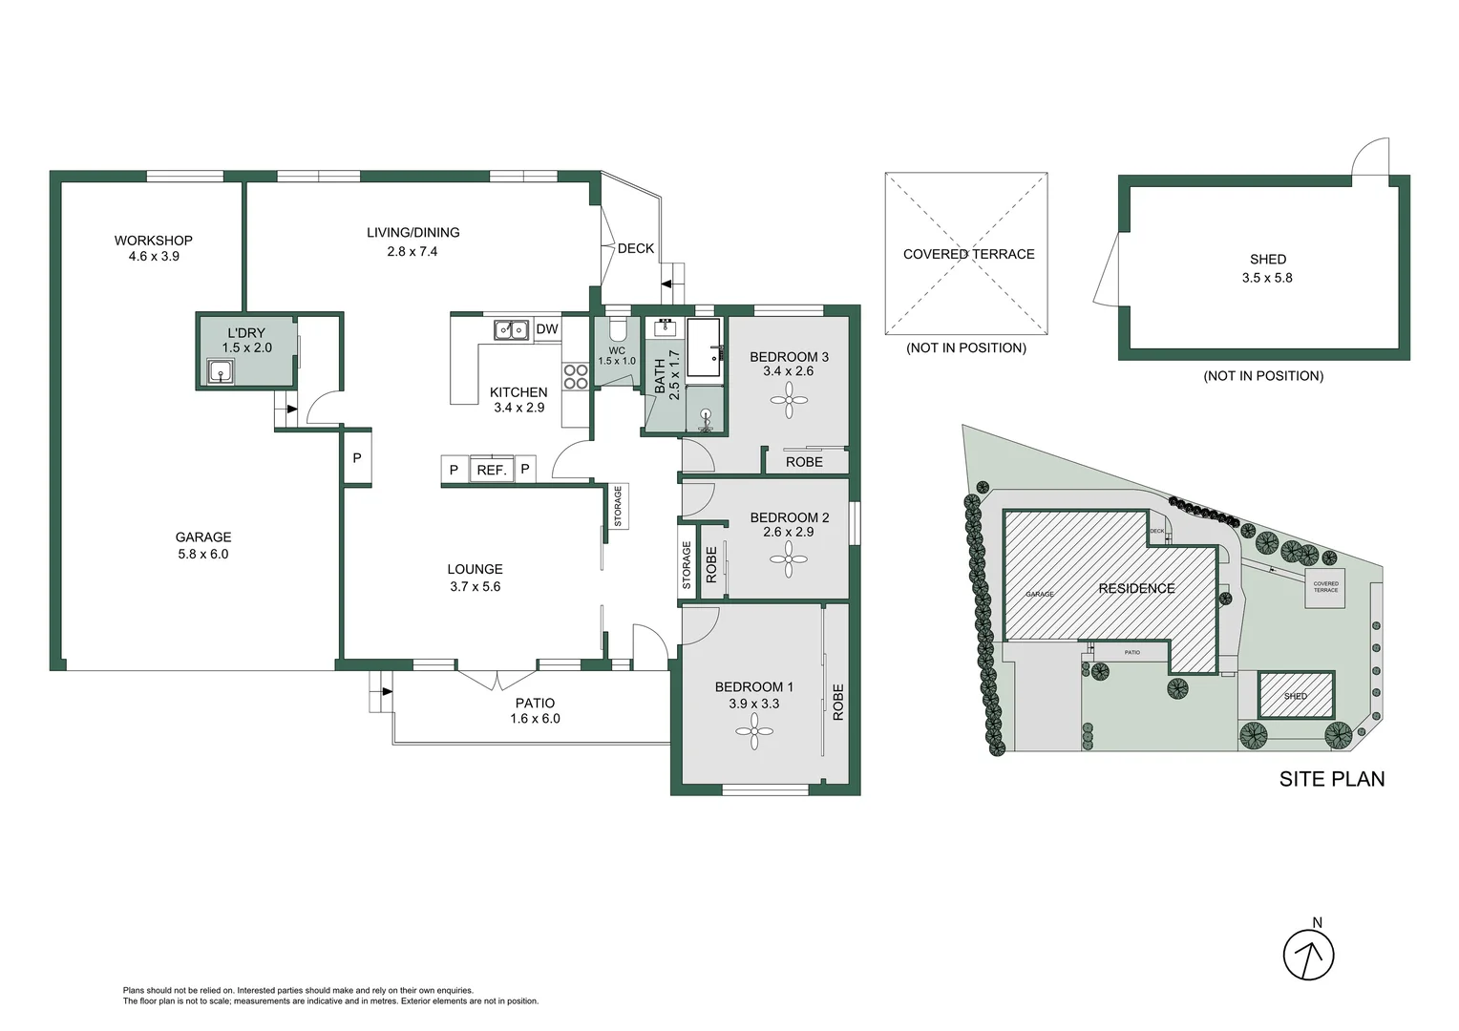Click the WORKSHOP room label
click(153, 241)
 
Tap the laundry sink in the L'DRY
click(221, 372)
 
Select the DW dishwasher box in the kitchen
click(547, 329)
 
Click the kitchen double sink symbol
click(511, 329)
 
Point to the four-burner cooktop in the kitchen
click(575, 376)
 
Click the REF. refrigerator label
click(491, 470)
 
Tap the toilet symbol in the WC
click(617, 329)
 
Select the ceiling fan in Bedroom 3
click(789, 400)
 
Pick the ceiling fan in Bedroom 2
click(789, 559)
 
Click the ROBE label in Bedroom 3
click(804, 462)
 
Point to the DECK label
click(636, 248)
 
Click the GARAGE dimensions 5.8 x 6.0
click(203, 554)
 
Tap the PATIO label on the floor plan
click(535, 704)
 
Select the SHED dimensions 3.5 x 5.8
click(1267, 278)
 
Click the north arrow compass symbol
click(1308, 954)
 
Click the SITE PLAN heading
click(1331, 779)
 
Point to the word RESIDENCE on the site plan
click(1136, 588)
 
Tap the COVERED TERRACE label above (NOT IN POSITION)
click(968, 254)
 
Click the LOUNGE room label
click(475, 569)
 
